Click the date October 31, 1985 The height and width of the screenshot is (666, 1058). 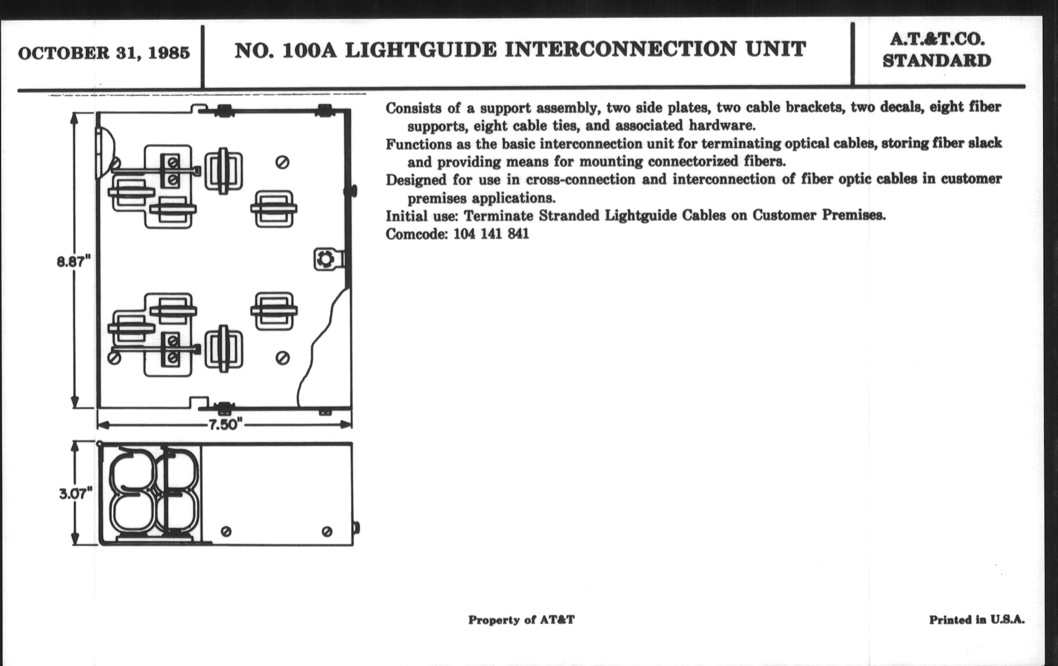[104, 53]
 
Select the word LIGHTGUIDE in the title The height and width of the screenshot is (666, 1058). [421, 50]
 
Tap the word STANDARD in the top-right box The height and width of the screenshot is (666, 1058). [937, 61]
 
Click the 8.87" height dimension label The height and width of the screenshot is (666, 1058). [74, 262]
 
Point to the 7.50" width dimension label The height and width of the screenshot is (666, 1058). [225, 425]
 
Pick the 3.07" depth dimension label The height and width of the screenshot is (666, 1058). [76, 494]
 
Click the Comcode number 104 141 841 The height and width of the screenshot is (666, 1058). [491, 234]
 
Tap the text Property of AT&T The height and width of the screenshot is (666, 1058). [521, 620]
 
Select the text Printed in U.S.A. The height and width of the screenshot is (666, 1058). [977, 620]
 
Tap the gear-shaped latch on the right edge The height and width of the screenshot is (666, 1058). [325, 259]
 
